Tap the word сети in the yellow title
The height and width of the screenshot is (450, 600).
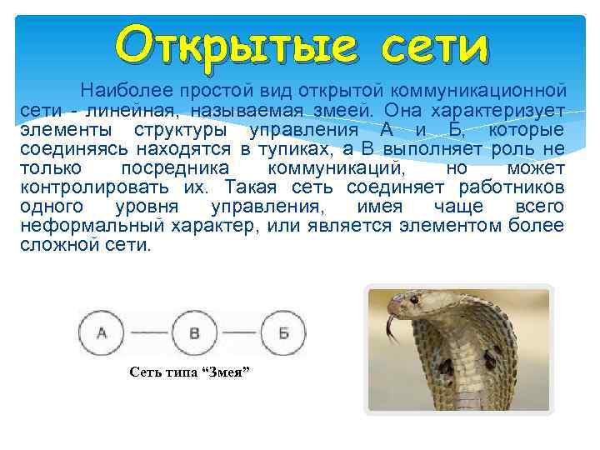pyautogui.click(x=433, y=42)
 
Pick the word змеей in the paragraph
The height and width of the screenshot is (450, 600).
pyautogui.click(x=343, y=110)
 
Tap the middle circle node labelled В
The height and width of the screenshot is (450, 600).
pyautogui.click(x=195, y=334)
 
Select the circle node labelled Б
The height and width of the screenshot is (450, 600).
pyautogui.click(x=283, y=334)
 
